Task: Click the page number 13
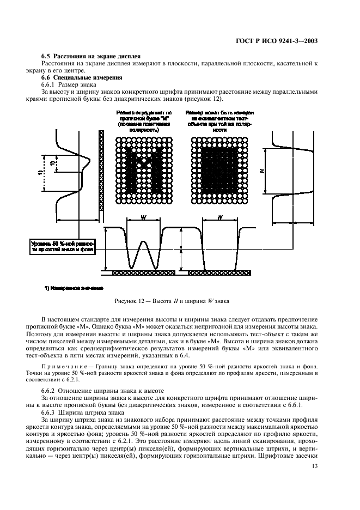point(314,466)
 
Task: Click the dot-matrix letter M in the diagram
point(143,169)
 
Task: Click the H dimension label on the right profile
point(262,171)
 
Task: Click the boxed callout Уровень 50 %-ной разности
point(63,246)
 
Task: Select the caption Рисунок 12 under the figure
point(172,300)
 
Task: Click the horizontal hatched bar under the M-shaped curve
point(143,271)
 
